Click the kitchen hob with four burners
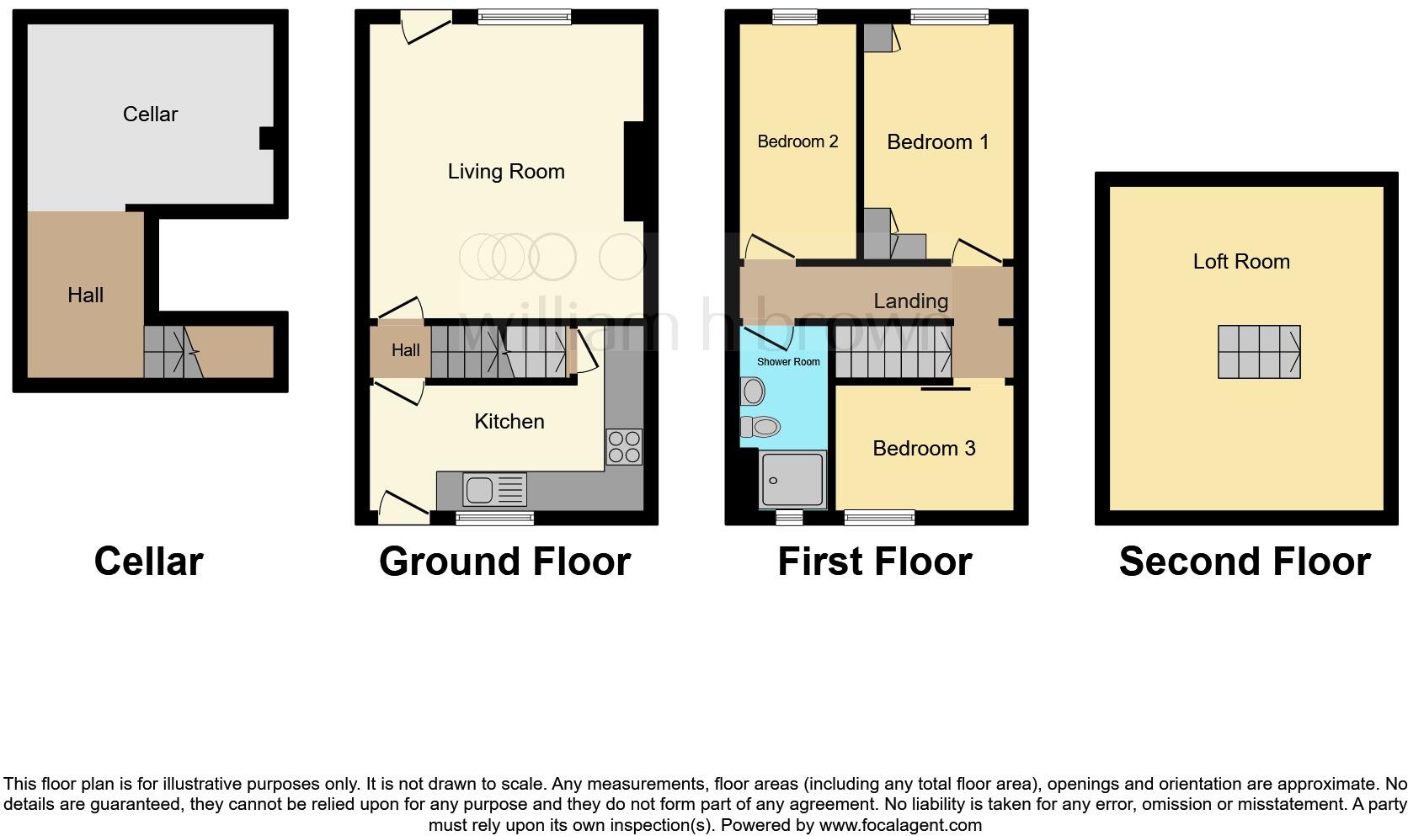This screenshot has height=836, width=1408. point(624,447)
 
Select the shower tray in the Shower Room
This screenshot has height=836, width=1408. point(792,479)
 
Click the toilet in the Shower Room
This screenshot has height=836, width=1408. point(760,427)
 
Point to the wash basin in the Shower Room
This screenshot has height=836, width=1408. point(753,391)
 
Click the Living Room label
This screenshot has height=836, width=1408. point(505,172)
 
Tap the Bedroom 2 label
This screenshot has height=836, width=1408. point(797,141)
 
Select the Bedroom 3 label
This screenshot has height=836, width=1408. point(924,448)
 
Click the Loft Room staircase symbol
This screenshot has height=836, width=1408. point(1259,352)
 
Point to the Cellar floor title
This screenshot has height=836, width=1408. point(148,562)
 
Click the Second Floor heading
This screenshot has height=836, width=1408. point(1244,562)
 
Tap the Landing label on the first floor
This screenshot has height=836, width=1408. point(910,301)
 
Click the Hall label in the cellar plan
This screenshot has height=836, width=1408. point(85,295)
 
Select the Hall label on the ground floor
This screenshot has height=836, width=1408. point(405,350)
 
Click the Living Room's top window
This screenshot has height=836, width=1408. point(524,16)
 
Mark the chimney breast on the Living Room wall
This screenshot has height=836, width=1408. point(633,172)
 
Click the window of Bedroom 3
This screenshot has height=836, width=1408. point(879,517)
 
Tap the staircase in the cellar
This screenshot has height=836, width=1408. point(173,352)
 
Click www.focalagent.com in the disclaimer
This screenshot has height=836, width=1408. point(899,824)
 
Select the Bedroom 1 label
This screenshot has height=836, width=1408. point(937,141)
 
